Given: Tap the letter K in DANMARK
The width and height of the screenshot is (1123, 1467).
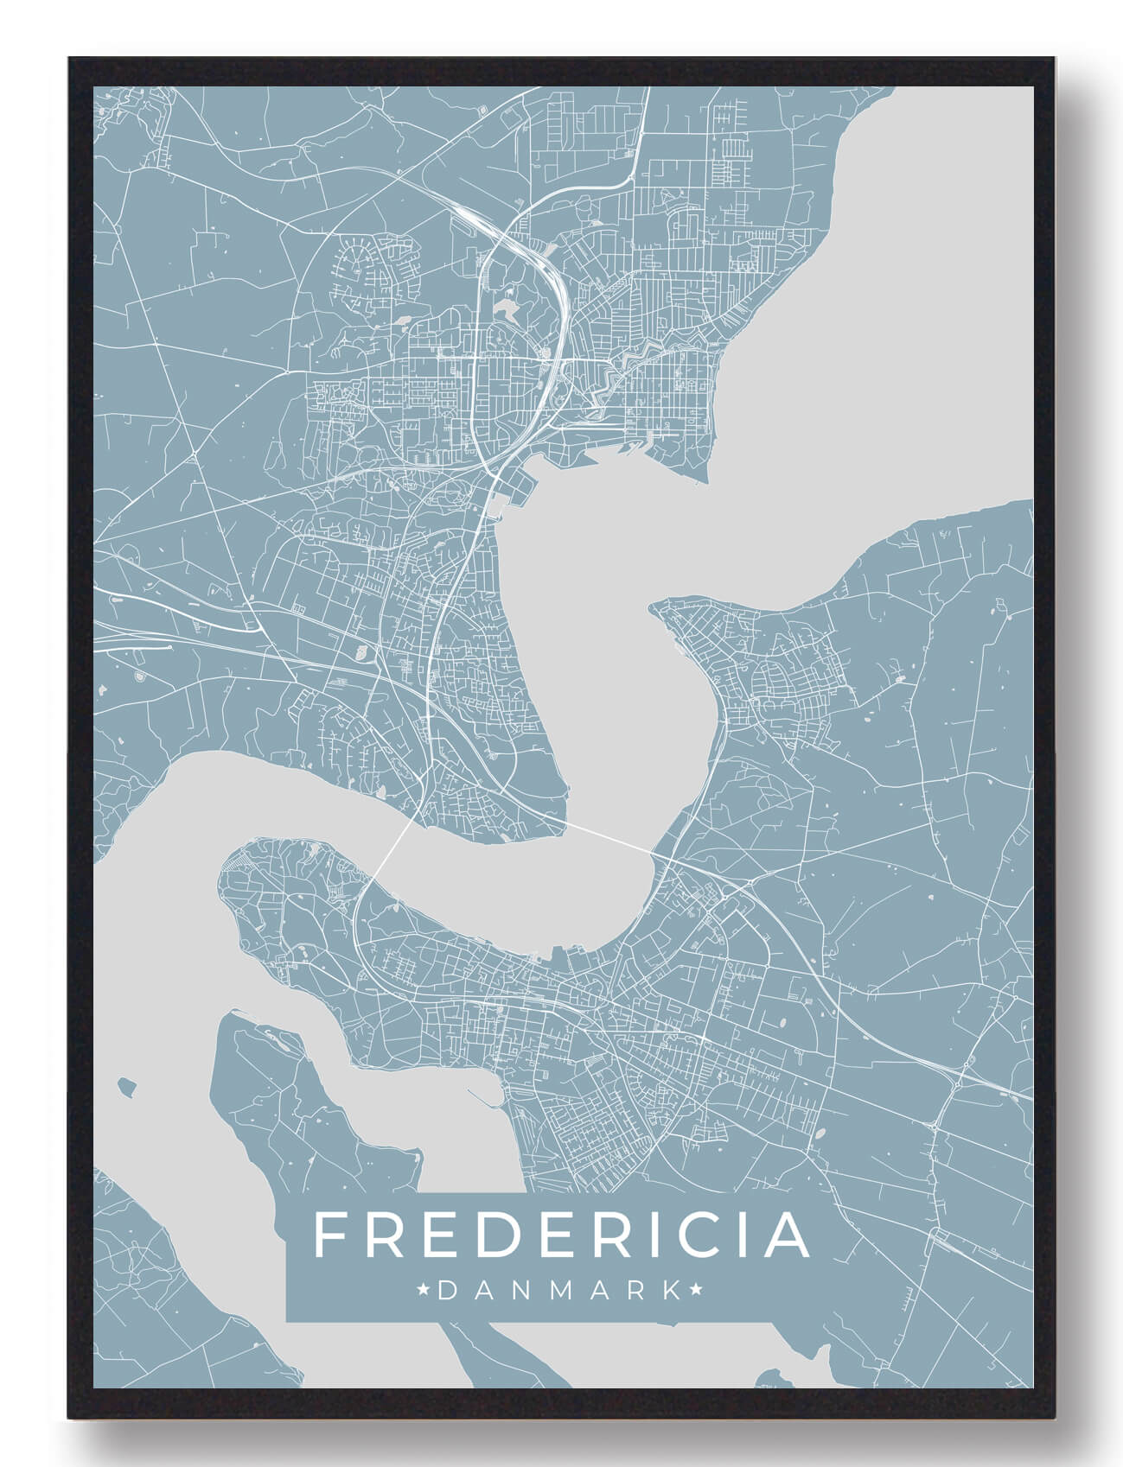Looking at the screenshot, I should coord(670,1291).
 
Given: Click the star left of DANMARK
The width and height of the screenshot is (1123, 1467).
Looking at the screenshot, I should coord(424,1291).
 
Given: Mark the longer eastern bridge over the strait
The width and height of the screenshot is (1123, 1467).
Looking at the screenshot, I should coord(609,836).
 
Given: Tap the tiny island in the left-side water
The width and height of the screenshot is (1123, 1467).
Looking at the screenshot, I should coord(129,1083).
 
